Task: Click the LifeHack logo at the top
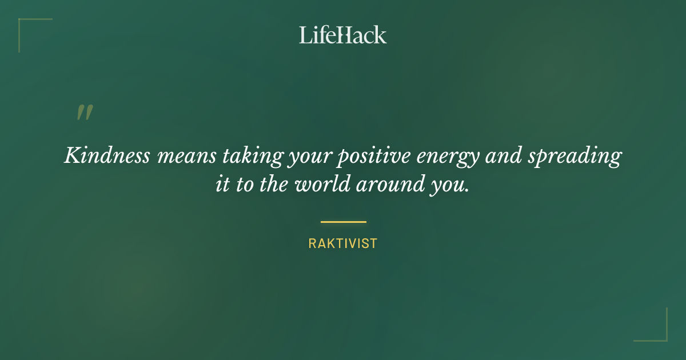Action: click(x=343, y=35)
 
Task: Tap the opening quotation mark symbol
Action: click(x=84, y=113)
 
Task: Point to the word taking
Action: click(x=260, y=156)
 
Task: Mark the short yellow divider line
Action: click(x=343, y=222)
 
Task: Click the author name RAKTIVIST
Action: click(x=343, y=243)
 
